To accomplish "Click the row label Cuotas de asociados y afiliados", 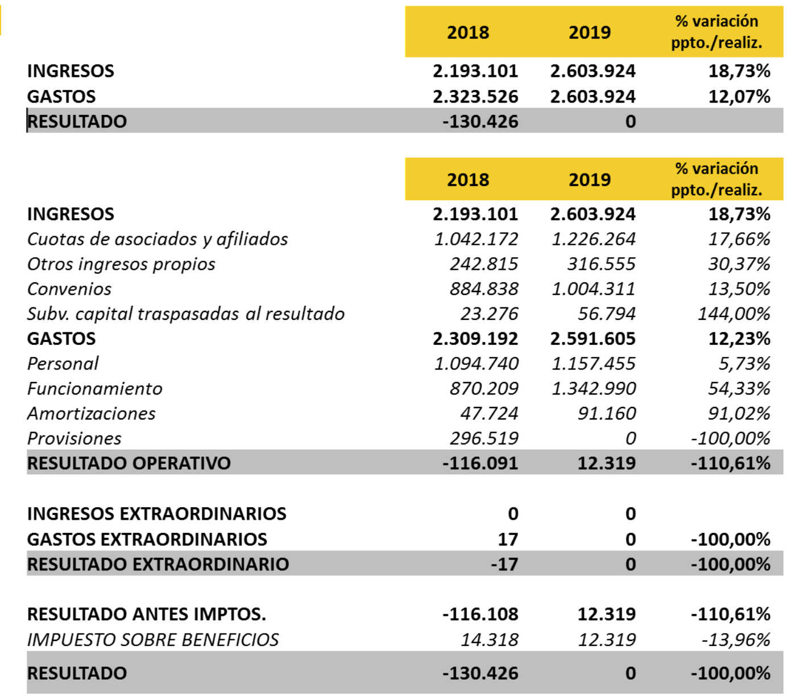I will coord(158,239).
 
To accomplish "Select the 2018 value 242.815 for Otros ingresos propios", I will coord(483,264).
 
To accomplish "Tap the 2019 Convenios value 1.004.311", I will coord(593,289).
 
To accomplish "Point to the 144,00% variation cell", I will coord(734,314).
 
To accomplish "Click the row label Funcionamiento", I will coord(95,389).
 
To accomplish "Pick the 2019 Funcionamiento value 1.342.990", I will coord(593,389).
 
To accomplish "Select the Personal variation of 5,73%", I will coord(744,364).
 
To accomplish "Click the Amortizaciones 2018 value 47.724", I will coord(489,414).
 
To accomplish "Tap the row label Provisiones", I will coord(74,439).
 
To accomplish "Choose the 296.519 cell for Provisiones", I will coord(483,439).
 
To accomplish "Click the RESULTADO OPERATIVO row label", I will coord(129,463).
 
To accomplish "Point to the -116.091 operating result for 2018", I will coord(480,463).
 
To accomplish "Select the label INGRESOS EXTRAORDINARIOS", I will coord(156,514).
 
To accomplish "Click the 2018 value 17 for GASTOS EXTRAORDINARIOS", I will coord(507,539).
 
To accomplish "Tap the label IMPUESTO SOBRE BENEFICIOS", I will coord(153,640).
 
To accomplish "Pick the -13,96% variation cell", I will coord(736,640).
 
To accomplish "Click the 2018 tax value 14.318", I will coord(489,640).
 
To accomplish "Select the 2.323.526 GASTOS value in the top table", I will coord(475,97).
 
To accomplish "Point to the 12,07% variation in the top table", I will coord(739,97).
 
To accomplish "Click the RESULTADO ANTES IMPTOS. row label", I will coord(146,615).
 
